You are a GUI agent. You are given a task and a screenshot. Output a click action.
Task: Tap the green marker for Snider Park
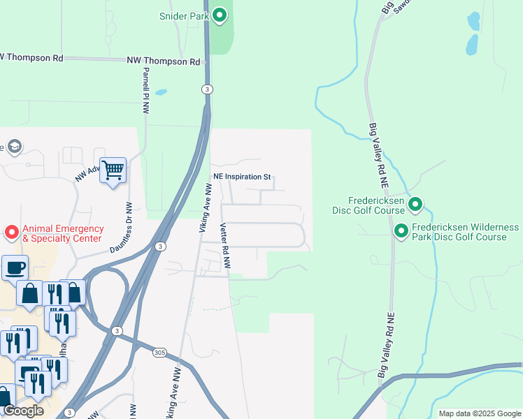[x=220, y=15]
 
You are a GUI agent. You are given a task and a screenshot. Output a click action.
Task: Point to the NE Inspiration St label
[x=241, y=177]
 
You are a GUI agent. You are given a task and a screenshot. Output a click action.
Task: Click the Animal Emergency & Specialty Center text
[x=63, y=233]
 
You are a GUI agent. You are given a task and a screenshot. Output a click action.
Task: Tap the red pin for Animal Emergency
[x=12, y=231]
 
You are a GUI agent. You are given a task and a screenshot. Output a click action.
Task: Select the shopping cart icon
[x=113, y=170]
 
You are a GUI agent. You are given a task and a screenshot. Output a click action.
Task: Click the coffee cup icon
[x=15, y=267]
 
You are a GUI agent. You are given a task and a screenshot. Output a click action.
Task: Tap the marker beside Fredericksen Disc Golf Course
[x=415, y=205]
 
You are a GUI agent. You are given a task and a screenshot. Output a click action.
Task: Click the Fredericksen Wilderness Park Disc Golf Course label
[x=465, y=233]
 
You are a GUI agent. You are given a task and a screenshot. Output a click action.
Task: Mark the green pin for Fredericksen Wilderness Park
[x=401, y=230]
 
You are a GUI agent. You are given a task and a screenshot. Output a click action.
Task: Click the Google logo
[x=23, y=411]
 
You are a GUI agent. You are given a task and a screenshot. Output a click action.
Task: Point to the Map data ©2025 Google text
[x=480, y=413]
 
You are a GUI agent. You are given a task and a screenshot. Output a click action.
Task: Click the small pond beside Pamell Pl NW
[x=161, y=92]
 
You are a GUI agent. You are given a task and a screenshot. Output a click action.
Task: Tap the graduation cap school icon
[x=13, y=146]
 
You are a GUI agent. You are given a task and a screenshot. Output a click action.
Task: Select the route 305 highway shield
[x=159, y=353]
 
